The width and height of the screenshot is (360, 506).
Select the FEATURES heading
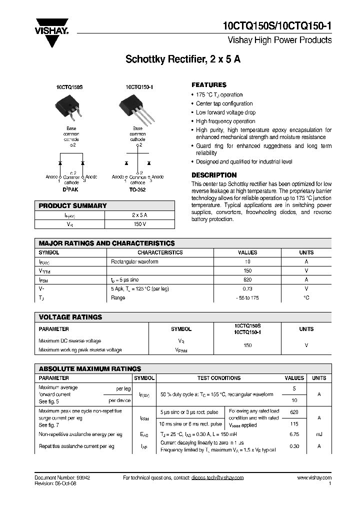[209, 85]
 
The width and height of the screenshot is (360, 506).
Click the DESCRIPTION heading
[214, 175]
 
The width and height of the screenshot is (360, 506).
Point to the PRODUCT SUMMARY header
[73, 205]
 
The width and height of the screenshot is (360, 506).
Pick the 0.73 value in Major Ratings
[247, 288]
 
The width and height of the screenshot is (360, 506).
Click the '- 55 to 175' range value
[247, 297]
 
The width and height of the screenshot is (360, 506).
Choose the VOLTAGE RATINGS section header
[70, 317]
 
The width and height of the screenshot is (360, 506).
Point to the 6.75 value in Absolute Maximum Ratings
[294, 434]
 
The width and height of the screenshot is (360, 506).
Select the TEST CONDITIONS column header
[219, 378]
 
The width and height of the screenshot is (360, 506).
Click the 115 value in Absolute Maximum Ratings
[294, 424]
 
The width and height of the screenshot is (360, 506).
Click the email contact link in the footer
[217, 478]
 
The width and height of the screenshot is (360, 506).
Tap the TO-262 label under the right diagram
[138, 190]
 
